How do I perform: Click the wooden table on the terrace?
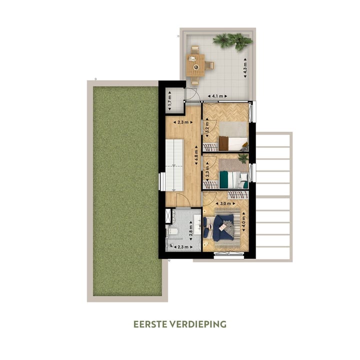[196, 65]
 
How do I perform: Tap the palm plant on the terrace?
[232, 41]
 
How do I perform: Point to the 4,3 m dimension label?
[245, 67]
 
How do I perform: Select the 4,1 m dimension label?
[217, 95]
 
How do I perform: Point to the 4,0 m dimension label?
[244, 221]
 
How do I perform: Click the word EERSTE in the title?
[151, 324]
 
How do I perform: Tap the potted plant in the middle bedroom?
[243, 158]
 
